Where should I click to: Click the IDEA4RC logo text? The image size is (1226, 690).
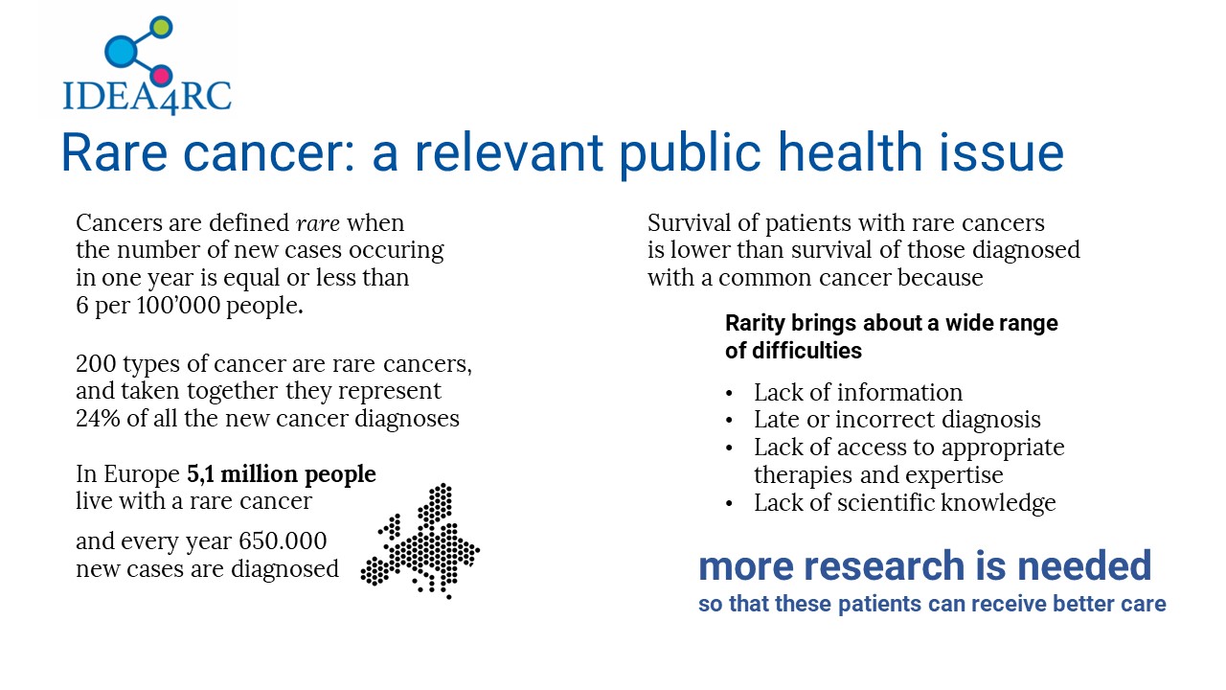[x=148, y=98]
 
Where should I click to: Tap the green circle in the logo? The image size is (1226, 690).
[x=161, y=27]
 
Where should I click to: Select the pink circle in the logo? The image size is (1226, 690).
[x=161, y=76]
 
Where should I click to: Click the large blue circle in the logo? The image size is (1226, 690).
[x=121, y=51]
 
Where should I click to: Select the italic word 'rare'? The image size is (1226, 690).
[x=317, y=223]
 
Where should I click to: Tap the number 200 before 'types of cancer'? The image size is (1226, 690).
[x=96, y=363]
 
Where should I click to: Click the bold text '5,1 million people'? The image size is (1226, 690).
[x=282, y=474]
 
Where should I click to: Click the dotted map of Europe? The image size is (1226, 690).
[x=420, y=541]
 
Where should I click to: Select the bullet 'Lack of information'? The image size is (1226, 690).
[x=857, y=393]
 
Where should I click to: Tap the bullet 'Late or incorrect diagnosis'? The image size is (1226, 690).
[x=897, y=420]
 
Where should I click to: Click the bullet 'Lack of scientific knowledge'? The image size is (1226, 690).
[x=905, y=503]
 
